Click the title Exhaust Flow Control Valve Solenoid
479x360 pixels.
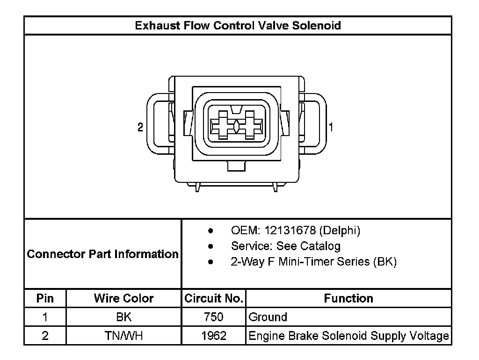click(238, 25)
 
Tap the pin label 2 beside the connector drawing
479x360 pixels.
click(140, 127)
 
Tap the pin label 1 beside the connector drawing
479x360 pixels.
click(331, 127)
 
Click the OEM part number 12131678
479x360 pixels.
click(290, 230)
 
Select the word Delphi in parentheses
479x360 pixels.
click(340, 230)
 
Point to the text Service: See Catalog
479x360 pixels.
click(286, 246)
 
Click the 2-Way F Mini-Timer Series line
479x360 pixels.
click(314, 262)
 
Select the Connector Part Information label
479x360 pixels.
click(102, 254)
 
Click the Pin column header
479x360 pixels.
click(45, 298)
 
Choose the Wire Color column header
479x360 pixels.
click(123, 298)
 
